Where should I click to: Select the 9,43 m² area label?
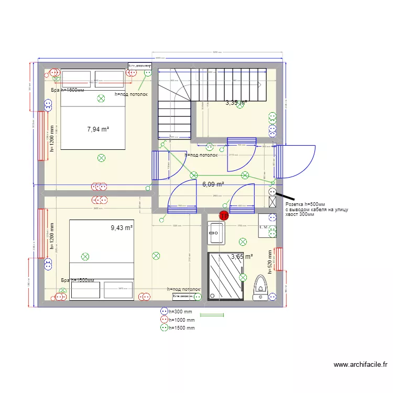(122, 228)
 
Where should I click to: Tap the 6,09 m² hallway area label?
(213, 184)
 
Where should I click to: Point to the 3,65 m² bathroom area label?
(242, 257)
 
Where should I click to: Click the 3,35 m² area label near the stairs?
(236, 103)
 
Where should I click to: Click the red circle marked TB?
(224, 215)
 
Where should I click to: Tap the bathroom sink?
(216, 233)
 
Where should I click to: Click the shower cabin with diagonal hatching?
(226, 276)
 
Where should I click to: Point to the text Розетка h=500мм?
(305, 204)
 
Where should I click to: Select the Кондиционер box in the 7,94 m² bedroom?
(140, 65)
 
